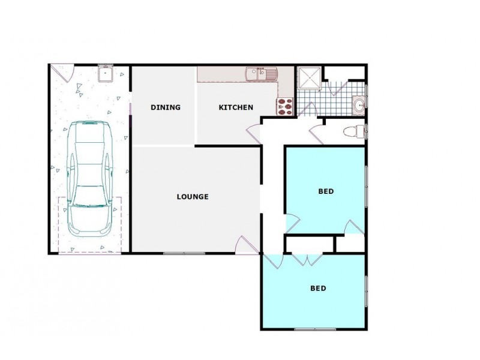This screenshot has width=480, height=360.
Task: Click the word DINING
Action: pos(166,107)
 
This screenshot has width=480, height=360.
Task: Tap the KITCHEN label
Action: pos(235,107)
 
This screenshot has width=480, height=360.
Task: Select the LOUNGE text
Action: pos(193,196)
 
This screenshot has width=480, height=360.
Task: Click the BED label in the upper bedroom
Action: pos(325,192)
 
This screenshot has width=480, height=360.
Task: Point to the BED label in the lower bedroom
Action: pos(318,288)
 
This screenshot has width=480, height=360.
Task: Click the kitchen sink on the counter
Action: pos(260,74)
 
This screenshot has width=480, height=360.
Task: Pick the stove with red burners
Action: pos(284,106)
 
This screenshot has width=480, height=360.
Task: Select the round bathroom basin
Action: pos(359,105)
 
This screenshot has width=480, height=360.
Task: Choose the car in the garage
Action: pos(89,179)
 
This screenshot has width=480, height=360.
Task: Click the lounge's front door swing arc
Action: pos(247,244)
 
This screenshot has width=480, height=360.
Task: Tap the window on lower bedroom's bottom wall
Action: pos(314,329)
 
